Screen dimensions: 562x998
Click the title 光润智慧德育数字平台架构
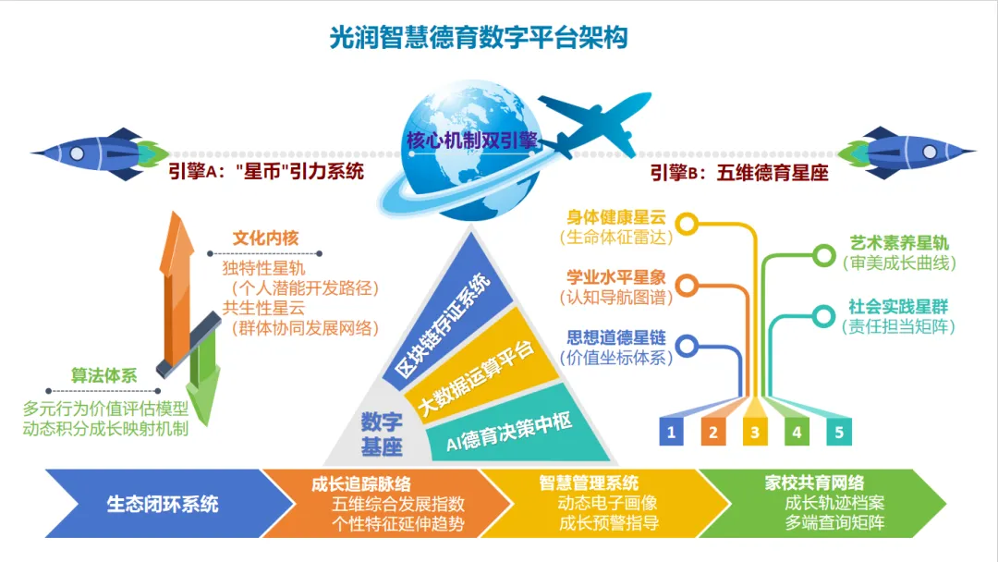(x=480, y=38)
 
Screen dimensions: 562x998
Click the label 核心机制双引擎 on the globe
(x=472, y=141)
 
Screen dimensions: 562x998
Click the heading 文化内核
(x=265, y=238)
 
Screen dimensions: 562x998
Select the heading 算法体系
(x=104, y=376)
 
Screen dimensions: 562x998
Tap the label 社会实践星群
(x=898, y=307)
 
